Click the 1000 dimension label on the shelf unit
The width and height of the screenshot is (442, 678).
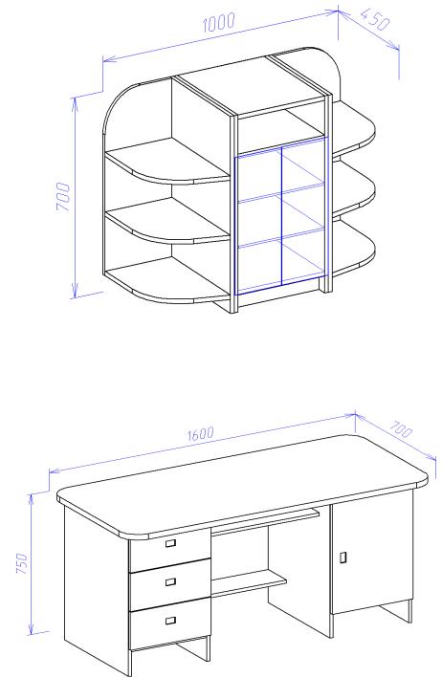click(219, 23)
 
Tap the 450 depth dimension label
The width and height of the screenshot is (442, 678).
click(375, 19)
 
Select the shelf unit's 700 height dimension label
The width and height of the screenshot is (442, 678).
click(63, 197)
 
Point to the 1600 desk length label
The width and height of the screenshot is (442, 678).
click(201, 433)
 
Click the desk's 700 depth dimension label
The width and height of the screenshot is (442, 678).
click(402, 429)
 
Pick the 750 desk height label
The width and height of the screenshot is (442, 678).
click(22, 563)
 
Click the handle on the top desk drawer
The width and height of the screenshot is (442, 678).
click(171, 543)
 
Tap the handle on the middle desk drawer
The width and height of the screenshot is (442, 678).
click(171, 581)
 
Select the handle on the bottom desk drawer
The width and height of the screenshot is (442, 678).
click(171, 621)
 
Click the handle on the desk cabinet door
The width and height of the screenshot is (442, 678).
click(343, 558)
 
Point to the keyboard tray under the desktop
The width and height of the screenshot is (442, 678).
click(266, 522)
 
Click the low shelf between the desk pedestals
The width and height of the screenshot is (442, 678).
click(249, 582)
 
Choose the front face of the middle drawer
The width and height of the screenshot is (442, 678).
click(170, 583)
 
